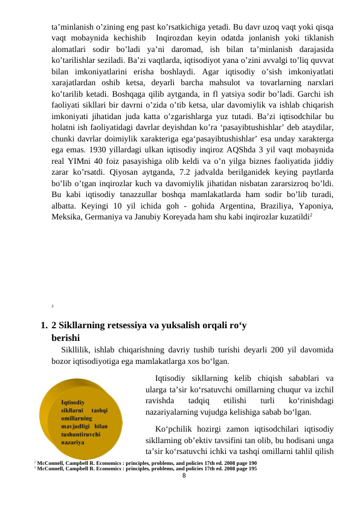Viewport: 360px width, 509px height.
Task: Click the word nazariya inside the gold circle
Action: pyautogui.click(x=73, y=442)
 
